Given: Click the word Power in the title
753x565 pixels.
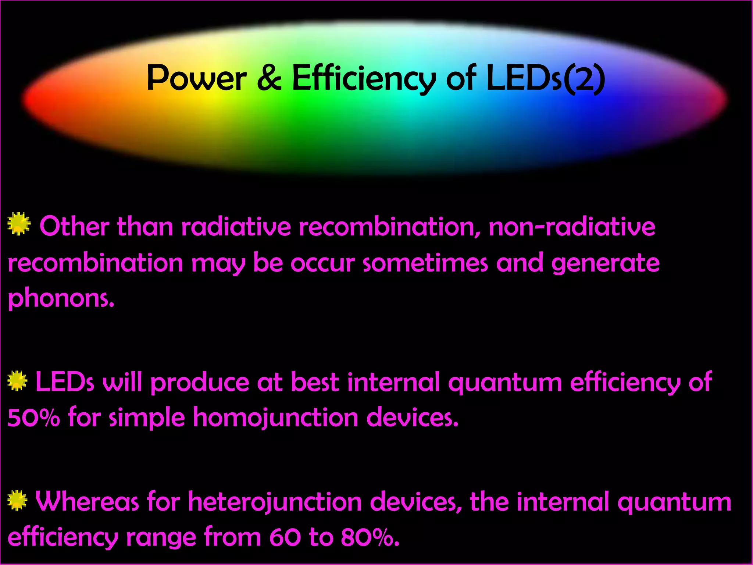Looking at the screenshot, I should pyautogui.click(x=196, y=79).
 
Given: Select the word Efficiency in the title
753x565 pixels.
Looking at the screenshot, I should pyautogui.click(x=364, y=79).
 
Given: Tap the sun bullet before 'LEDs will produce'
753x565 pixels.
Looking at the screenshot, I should pyautogui.click(x=17, y=381).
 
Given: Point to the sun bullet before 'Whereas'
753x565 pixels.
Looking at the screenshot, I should pyautogui.click(x=17, y=501).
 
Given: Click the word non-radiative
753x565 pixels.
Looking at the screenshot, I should pyautogui.click(x=572, y=227).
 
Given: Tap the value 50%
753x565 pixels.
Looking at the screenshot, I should pyautogui.click(x=33, y=417).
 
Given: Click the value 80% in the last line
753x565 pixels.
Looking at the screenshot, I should pyautogui.click(x=370, y=537).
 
